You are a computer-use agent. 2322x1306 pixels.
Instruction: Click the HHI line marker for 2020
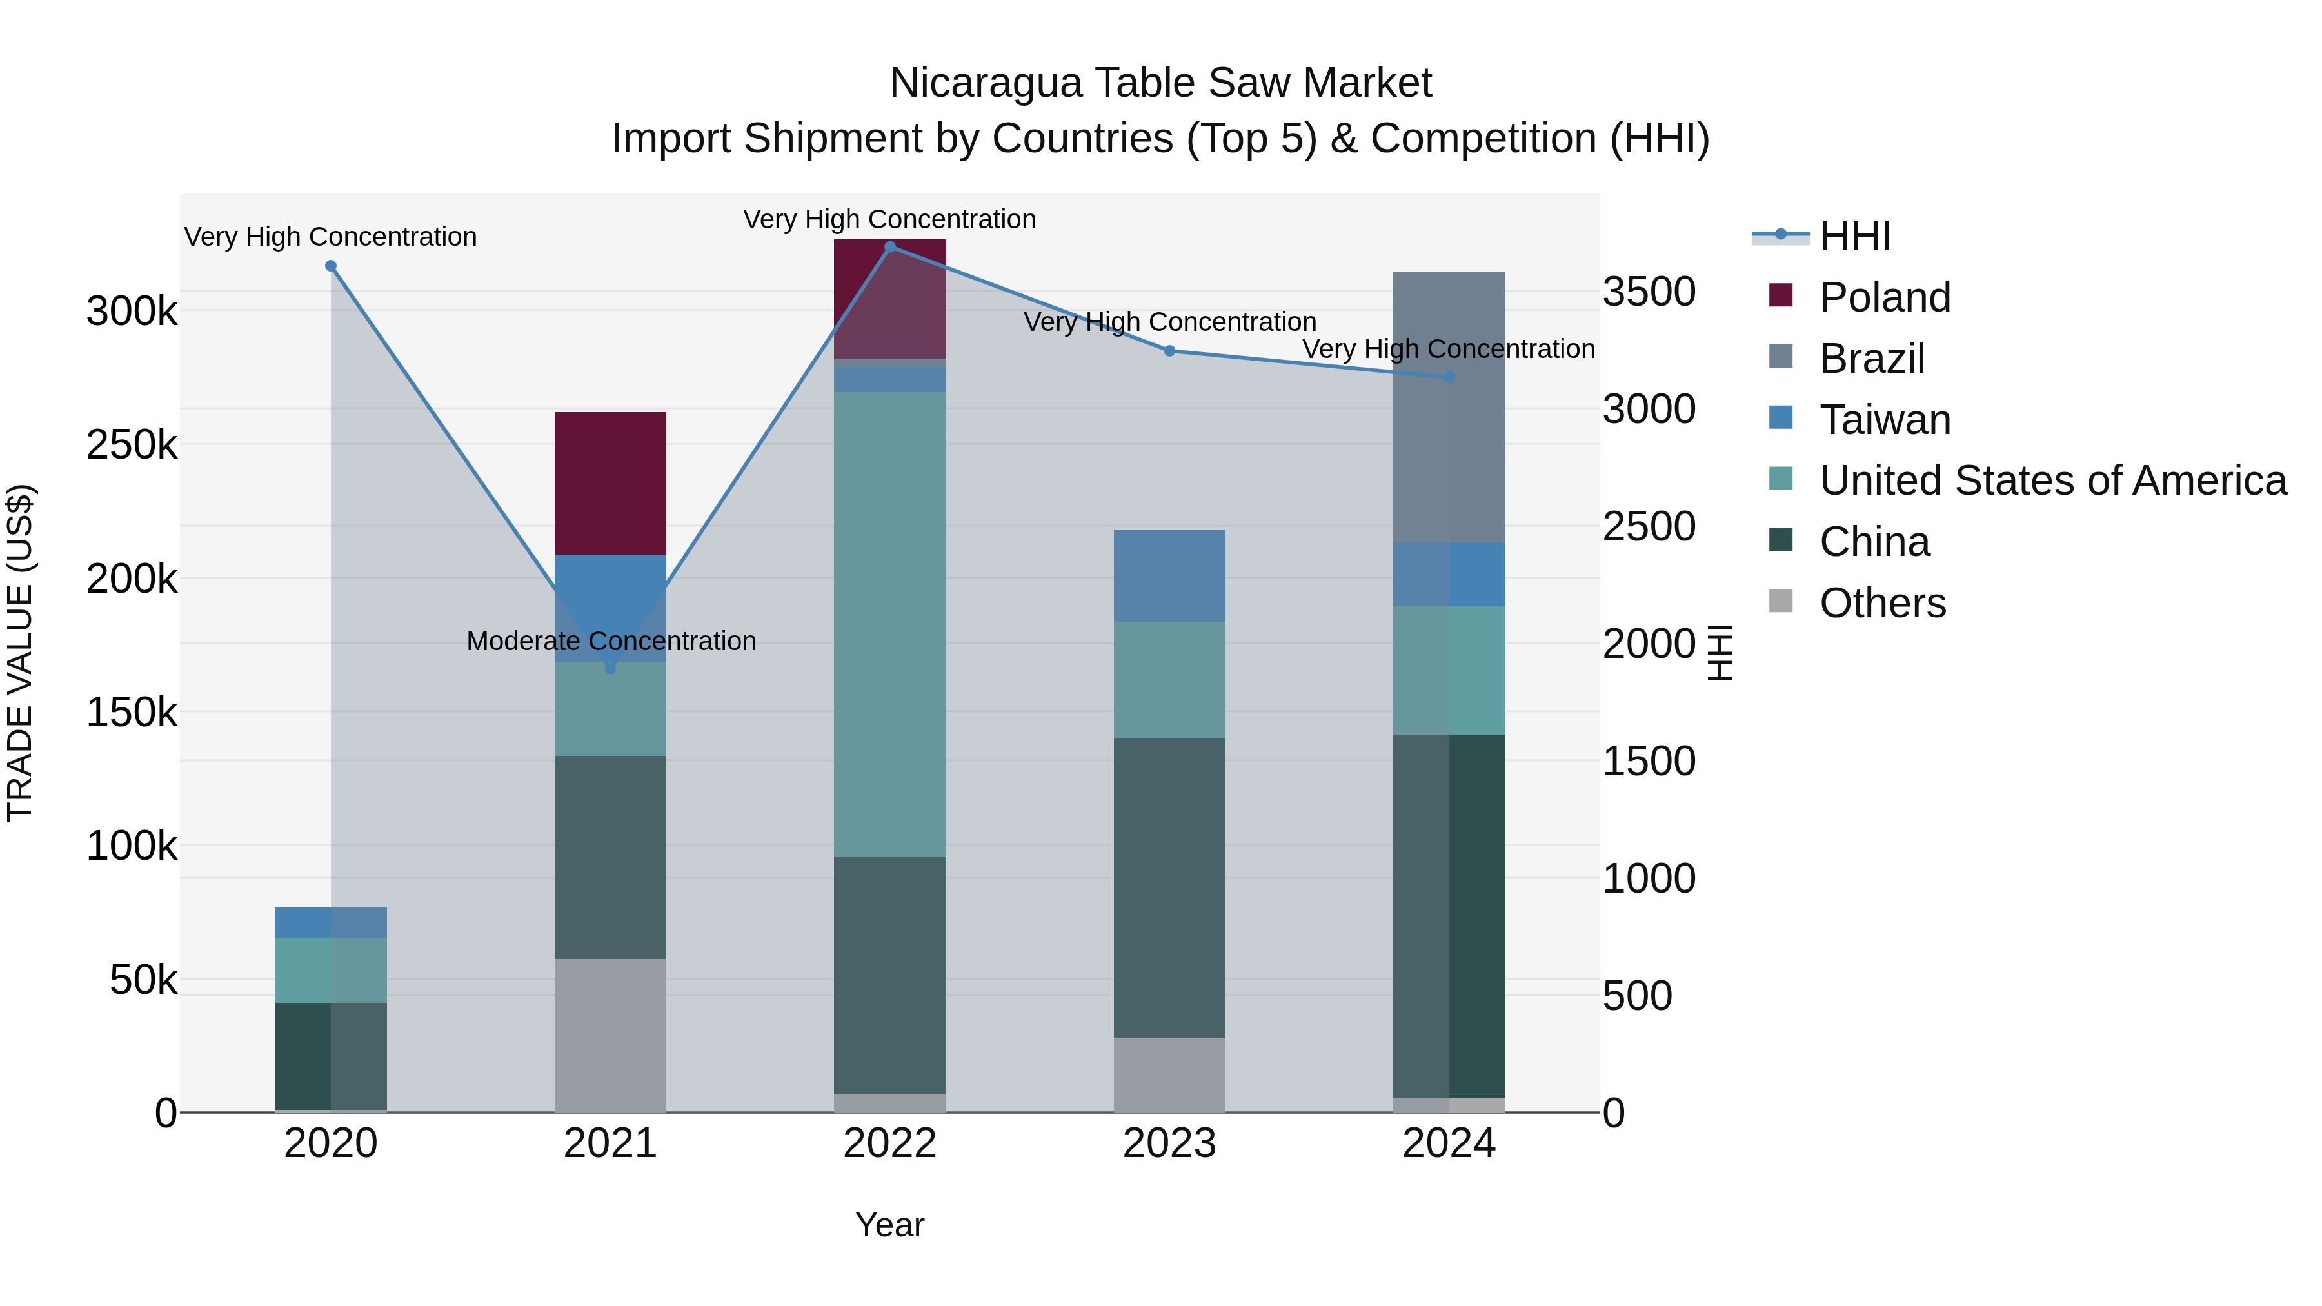(331, 266)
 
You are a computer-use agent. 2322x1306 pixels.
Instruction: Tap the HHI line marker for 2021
(610, 668)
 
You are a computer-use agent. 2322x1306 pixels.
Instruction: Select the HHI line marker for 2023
(1170, 351)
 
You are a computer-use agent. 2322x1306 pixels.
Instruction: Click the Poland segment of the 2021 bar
(610, 483)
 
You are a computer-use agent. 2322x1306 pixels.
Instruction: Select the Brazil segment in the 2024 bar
(1449, 406)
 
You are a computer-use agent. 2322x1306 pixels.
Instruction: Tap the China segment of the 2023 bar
(1170, 888)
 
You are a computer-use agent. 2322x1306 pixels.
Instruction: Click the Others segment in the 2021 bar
(610, 1034)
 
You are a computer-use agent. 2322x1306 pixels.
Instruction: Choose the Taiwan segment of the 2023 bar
(1170, 575)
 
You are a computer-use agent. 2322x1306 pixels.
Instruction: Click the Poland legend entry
(1884, 297)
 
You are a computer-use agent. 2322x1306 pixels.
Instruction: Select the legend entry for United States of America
(2052, 480)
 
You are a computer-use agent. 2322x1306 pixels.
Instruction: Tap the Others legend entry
(1882, 603)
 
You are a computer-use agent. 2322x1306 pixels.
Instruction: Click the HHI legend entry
(1854, 236)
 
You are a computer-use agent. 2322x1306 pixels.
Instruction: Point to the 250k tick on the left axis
(132, 444)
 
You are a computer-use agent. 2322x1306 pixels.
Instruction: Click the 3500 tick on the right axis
(1649, 292)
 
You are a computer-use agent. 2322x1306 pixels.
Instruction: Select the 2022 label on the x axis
(889, 1143)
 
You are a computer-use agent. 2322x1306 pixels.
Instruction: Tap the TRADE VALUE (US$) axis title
(20, 653)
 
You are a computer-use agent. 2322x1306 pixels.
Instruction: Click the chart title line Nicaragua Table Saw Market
(1160, 83)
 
